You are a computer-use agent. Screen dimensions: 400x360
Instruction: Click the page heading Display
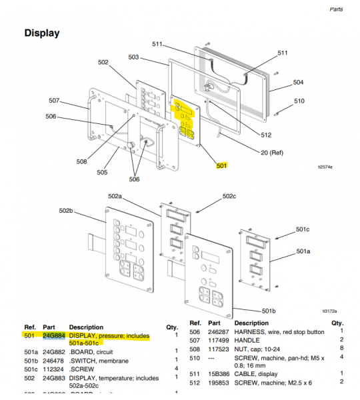tap(42, 33)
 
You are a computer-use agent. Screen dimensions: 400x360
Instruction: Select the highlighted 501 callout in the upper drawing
tap(222, 165)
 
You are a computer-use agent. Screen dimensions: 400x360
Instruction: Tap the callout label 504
tap(298, 83)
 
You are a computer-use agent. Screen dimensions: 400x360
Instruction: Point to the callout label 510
tap(299, 101)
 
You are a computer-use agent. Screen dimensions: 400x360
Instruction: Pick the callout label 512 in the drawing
tap(266, 135)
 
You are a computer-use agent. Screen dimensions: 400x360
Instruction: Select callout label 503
tap(133, 57)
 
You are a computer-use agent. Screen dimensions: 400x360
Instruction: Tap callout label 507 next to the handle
tap(55, 101)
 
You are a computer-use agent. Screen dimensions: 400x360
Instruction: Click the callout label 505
tap(102, 172)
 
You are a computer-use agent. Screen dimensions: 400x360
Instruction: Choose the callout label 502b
tap(65, 211)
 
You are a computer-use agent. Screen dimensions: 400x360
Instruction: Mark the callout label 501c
tap(303, 230)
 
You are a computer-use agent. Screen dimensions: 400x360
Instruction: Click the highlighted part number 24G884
tap(53, 336)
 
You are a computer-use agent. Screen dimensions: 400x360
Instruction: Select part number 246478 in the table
tap(53, 361)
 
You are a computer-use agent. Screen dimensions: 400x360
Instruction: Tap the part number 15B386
tap(219, 373)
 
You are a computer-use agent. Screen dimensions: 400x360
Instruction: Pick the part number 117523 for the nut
tap(219, 348)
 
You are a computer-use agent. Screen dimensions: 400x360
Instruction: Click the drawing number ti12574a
tap(326, 168)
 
